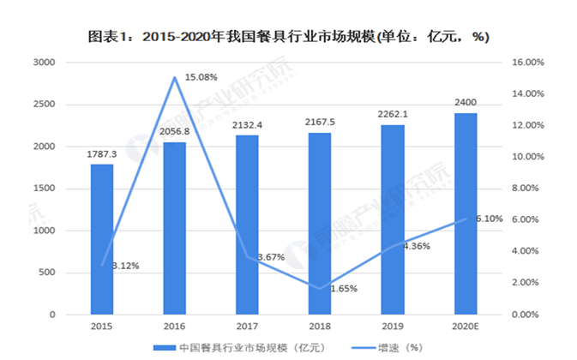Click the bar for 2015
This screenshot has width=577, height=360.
pos(102,239)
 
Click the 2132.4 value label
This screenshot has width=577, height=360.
pos(247,126)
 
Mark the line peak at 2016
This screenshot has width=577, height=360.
pos(175,77)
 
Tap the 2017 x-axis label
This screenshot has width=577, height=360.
pos(247,327)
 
